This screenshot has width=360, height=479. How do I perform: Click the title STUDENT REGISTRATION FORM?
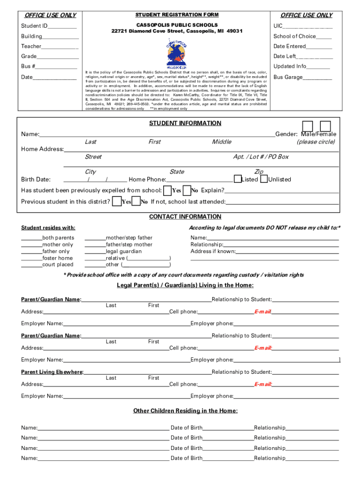(177, 15)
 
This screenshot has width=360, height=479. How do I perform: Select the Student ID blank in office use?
(62, 26)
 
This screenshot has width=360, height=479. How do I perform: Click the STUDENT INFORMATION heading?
(185, 123)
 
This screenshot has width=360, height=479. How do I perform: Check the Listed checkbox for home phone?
(238, 179)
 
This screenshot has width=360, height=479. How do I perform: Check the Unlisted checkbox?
(264, 179)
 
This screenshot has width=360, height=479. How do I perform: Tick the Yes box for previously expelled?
(167, 190)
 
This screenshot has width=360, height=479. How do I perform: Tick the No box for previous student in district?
(136, 202)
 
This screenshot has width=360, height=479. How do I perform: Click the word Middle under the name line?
(222, 142)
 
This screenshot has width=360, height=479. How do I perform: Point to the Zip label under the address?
(259, 172)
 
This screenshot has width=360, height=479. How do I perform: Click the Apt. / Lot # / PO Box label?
(261, 157)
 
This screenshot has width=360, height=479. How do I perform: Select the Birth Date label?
(36, 180)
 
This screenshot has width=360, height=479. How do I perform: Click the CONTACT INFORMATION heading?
(185, 217)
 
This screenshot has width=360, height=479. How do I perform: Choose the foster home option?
(58, 258)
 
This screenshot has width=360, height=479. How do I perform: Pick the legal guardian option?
(123, 251)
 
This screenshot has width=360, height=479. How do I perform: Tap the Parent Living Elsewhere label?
(52, 372)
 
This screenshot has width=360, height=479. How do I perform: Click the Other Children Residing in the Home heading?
(185, 411)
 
